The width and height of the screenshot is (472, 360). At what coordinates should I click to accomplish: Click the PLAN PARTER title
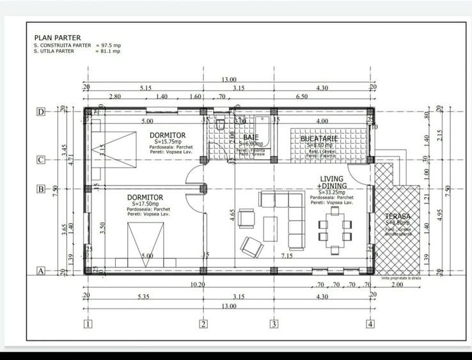pyautogui.click(x=58, y=38)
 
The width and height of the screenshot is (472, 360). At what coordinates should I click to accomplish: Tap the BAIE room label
pyautogui.click(x=250, y=137)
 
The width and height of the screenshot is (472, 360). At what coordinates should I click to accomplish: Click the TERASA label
pyautogui.click(x=398, y=217)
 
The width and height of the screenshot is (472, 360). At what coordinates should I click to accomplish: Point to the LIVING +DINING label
pyautogui.click(x=331, y=182)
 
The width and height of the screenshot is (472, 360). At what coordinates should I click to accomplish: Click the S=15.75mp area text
pyautogui.click(x=168, y=141)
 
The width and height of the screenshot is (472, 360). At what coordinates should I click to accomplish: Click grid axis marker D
pyautogui.click(x=41, y=112)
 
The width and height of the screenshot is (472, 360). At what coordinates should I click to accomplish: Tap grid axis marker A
pyautogui.click(x=41, y=270)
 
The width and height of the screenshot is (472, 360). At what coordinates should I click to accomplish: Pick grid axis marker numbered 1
pyautogui.click(x=88, y=324)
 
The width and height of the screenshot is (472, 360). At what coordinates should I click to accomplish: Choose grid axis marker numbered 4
pyautogui.click(x=370, y=324)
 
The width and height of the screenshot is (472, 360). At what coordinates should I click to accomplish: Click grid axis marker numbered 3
pyautogui.click(x=274, y=324)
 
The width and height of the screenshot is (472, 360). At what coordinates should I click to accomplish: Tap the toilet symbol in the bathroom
pyautogui.click(x=219, y=123)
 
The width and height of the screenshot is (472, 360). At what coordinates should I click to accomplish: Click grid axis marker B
pyautogui.click(x=41, y=189)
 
